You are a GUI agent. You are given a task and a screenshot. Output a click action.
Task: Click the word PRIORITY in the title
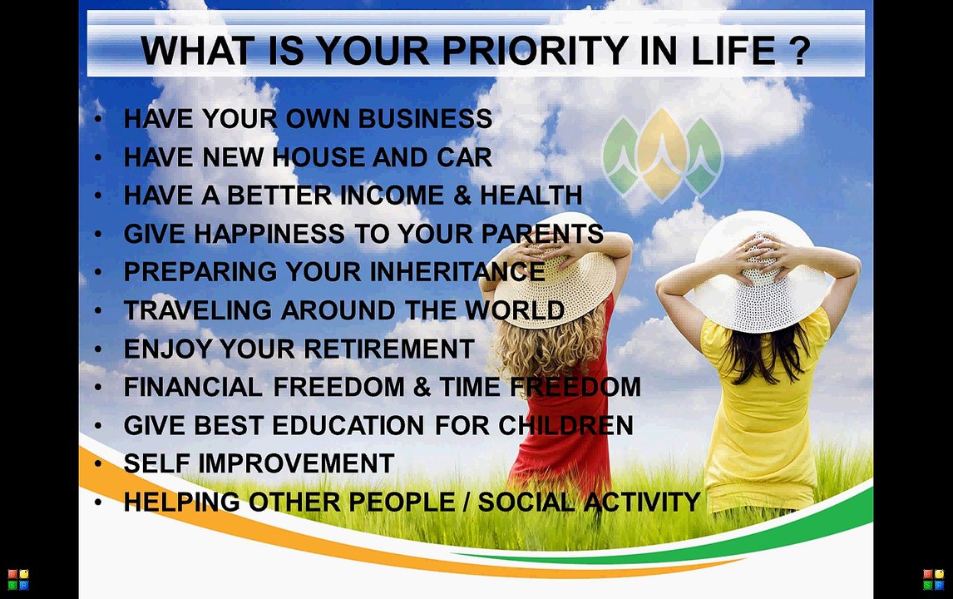click(x=535, y=51)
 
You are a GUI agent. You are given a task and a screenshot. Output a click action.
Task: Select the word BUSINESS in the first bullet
click(x=425, y=119)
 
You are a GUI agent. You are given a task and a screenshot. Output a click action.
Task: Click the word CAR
click(x=464, y=157)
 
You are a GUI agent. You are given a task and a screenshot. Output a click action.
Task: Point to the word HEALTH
click(x=531, y=196)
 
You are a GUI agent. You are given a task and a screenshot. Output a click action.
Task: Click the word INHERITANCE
click(x=457, y=272)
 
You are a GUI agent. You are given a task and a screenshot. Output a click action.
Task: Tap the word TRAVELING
click(x=198, y=311)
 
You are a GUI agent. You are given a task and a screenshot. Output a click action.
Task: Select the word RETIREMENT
click(x=389, y=349)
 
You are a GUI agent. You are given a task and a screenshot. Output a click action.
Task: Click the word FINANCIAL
click(x=193, y=388)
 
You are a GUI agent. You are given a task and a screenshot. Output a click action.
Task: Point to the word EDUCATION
click(x=348, y=426)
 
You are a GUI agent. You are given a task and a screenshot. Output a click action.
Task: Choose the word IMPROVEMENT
click(x=296, y=464)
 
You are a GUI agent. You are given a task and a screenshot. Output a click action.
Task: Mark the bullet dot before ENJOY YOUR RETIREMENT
click(x=98, y=349)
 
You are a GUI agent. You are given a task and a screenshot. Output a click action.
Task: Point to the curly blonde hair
click(x=547, y=347)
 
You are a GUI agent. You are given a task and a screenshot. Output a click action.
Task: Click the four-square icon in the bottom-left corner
click(x=17, y=580)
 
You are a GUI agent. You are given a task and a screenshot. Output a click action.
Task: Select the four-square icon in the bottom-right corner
click(x=934, y=580)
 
